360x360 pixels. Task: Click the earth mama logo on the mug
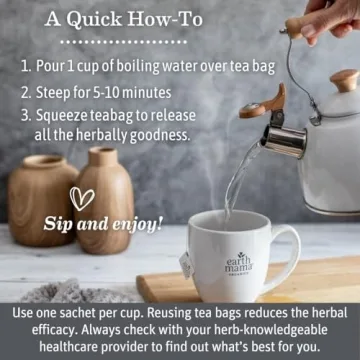pyautogui.click(x=239, y=263)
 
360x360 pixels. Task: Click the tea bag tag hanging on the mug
pyautogui.click(x=186, y=265)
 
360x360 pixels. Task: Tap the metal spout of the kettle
pyautogui.click(x=284, y=140)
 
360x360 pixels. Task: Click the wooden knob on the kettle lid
pyautogui.click(x=345, y=80)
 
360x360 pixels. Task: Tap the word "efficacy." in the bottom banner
pyautogui.click(x=55, y=331)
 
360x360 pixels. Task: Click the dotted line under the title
pyautogui.click(x=125, y=42)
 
